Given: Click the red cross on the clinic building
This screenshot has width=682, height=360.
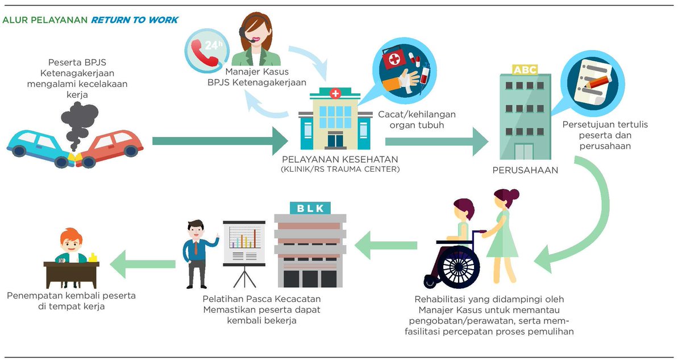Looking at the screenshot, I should coord(335,93).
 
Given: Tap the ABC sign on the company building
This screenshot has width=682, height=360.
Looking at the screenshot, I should coord(524,69).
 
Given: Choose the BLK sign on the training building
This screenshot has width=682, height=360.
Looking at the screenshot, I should coord(310,208).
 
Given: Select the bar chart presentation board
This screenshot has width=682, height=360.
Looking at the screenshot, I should coord(244,244).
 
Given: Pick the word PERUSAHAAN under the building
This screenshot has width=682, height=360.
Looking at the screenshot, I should coord(525,170).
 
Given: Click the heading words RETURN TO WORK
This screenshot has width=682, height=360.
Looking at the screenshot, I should coord(135,20).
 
